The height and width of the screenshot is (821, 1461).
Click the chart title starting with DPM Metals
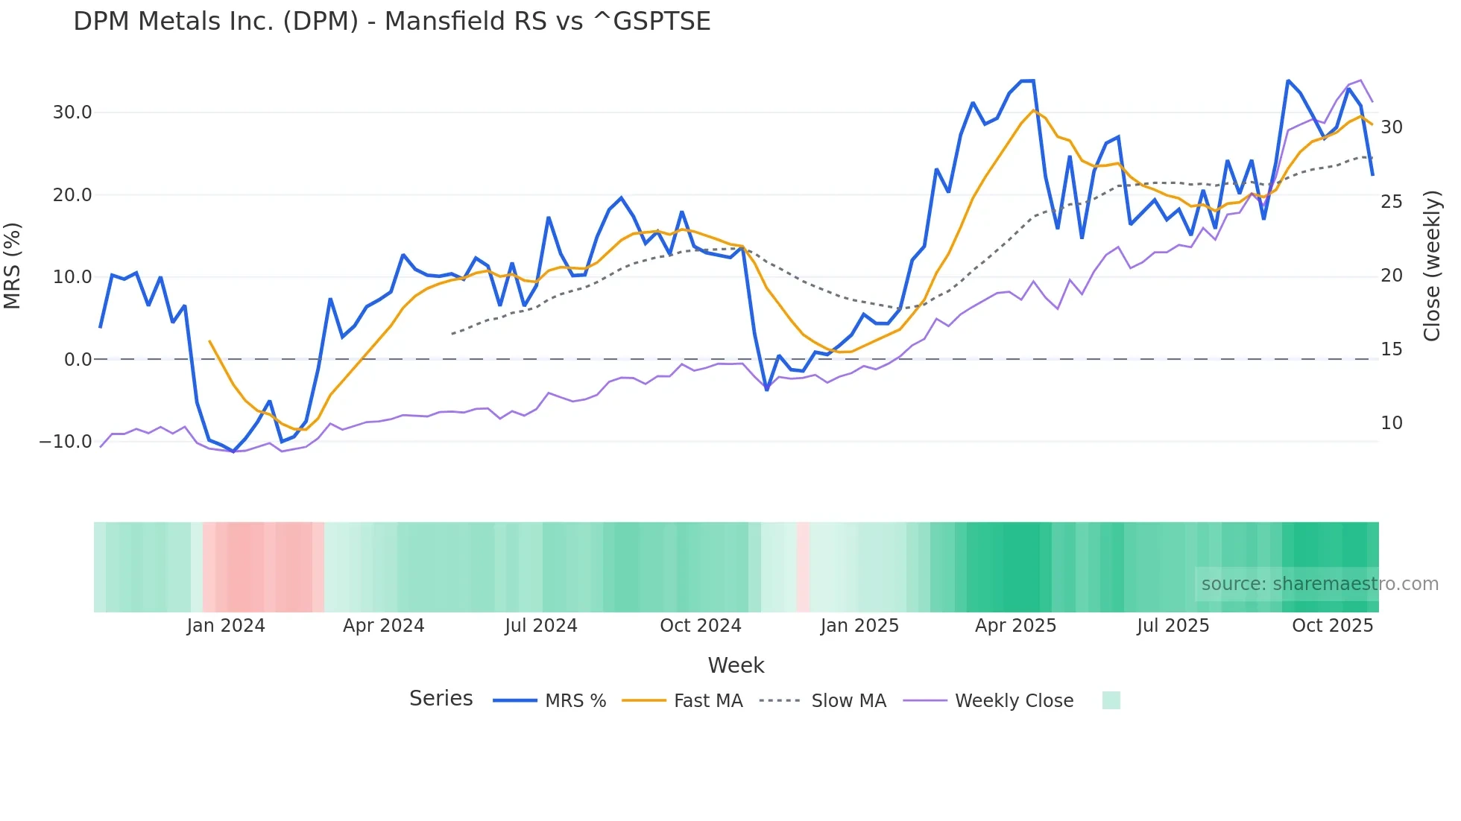pyautogui.click(x=391, y=22)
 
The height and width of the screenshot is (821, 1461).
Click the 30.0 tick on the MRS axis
pyautogui.click(x=72, y=112)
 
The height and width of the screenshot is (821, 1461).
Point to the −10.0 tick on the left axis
pyautogui.click(x=66, y=442)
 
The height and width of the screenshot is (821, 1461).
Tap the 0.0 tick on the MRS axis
pyautogui.click(x=78, y=360)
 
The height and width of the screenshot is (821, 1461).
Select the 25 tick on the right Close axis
pyautogui.click(x=1391, y=202)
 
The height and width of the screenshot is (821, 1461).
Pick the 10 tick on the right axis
pyautogui.click(x=1391, y=423)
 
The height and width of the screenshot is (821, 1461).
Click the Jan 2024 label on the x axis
pyautogui.click(x=226, y=626)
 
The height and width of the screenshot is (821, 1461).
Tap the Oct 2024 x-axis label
pyautogui.click(x=700, y=626)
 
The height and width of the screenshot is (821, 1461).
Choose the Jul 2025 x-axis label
pyautogui.click(x=1173, y=626)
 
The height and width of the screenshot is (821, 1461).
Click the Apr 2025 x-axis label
pyautogui.click(x=1015, y=626)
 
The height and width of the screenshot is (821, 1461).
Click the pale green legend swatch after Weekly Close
pyautogui.click(x=1111, y=701)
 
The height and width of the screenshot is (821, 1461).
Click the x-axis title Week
pyautogui.click(x=736, y=665)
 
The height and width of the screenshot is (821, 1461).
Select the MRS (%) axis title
pyautogui.click(x=13, y=266)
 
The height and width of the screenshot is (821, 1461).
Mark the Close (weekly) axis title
pyautogui.click(x=1432, y=266)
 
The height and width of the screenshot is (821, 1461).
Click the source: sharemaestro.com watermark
pyautogui.click(x=1319, y=584)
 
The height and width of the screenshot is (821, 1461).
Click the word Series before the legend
pyautogui.click(x=441, y=699)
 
